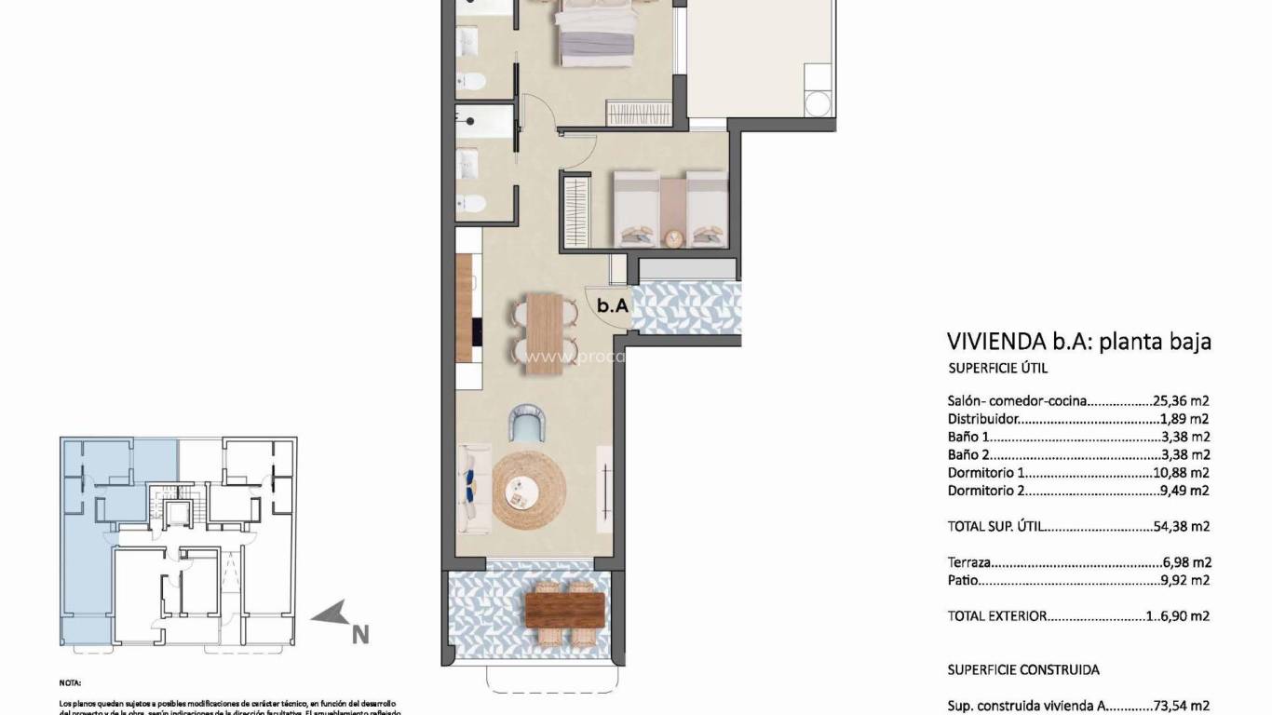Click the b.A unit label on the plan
pyautogui.click(x=611, y=304)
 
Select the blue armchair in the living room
pyautogui.click(x=530, y=424)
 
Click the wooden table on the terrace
pyautogui.click(x=565, y=611)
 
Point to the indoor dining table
pyautogui.click(x=544, y=333)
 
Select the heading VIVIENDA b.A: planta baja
pyautogui.click(x=1078, y=341)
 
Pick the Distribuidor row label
pyautogui.click(x=983, y=419)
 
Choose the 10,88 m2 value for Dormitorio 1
pyautogui.click(x=1180, y=473)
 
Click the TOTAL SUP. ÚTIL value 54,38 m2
pyautogui.click(x=1180, y=526)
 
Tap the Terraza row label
pyautogui.click(x=968, y=562)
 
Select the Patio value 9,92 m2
pyautogui.click(x=1185, y=580)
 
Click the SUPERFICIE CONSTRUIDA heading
pyautogui.click(x=1023, y=669)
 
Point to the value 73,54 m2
pyautogui.click(x=1180, y=706)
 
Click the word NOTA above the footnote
pyautogui.click(x=71, y=681)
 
